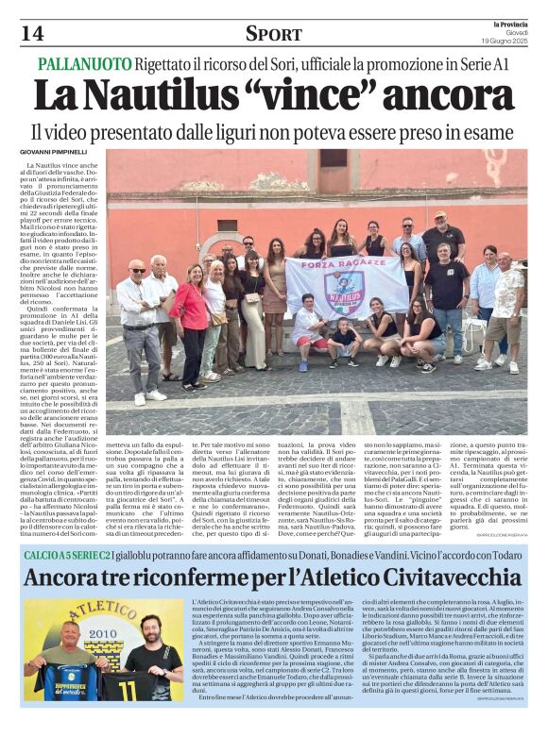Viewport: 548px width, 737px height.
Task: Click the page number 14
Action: pos(31,34)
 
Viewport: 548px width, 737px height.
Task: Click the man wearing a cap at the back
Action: pos(440,236)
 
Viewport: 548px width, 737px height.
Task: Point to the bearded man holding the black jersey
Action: pos(150,651)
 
